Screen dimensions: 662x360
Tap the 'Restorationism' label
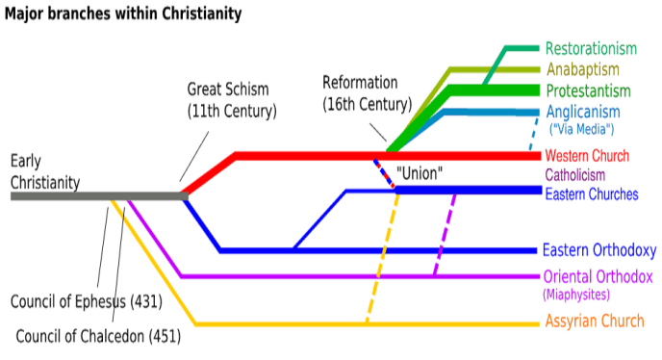pos(591,48)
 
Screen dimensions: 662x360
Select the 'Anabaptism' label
pos(583,69)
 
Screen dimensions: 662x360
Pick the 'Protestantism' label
pos(588,90)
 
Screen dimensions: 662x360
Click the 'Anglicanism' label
pos(585,112)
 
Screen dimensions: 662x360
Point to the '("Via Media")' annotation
pos(580,129)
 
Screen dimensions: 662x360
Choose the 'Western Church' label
pos(587,156)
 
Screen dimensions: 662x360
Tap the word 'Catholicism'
pos(575,175)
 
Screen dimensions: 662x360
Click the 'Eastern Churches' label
pos(592,193)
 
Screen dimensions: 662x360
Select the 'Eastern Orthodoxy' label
pos(599,250)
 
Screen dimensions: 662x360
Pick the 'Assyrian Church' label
pos(596,321)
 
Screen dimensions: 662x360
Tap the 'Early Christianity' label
pos(45,171)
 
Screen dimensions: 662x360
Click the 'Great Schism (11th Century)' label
pos(231,100)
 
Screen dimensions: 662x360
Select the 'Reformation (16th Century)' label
pos(367,92)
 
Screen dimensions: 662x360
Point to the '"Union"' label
pos(419,174)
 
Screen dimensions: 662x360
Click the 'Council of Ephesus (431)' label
pos(86,302)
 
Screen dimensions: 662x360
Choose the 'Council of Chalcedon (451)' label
pos(98,336)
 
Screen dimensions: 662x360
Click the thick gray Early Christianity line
pos(96,195)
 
